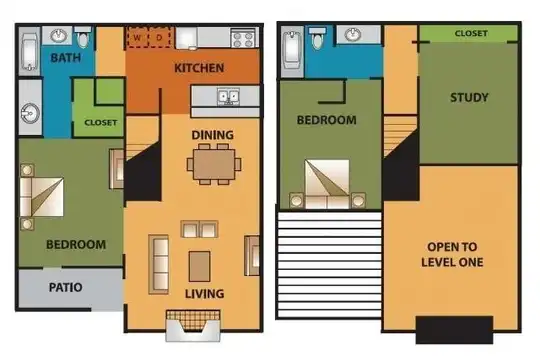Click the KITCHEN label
(x=199, y=68)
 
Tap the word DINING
(x=212, y=135)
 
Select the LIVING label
(x=205, y=294)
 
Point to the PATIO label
(x=65, y=287)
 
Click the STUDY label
(x=469, y=97)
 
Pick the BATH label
(x=65, y=58)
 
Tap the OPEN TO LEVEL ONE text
(x=452, y=255)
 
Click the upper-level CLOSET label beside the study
(x=471, y=33)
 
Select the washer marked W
(x=137, y=38)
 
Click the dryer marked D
(x=159, y=38)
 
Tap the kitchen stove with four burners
(x=243, y=39)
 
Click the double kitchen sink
(x=228, y=96)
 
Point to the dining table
(x=214, y=164)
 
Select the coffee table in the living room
(x=199, y=266)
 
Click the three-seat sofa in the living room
(x=159, y=264)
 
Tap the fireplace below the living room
(x=193, y=326)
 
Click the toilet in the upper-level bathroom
(x=317, y=38)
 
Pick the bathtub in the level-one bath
(x=30, y=52)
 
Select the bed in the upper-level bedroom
(x=327, y=184)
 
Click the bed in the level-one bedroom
(x=42, y=197)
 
